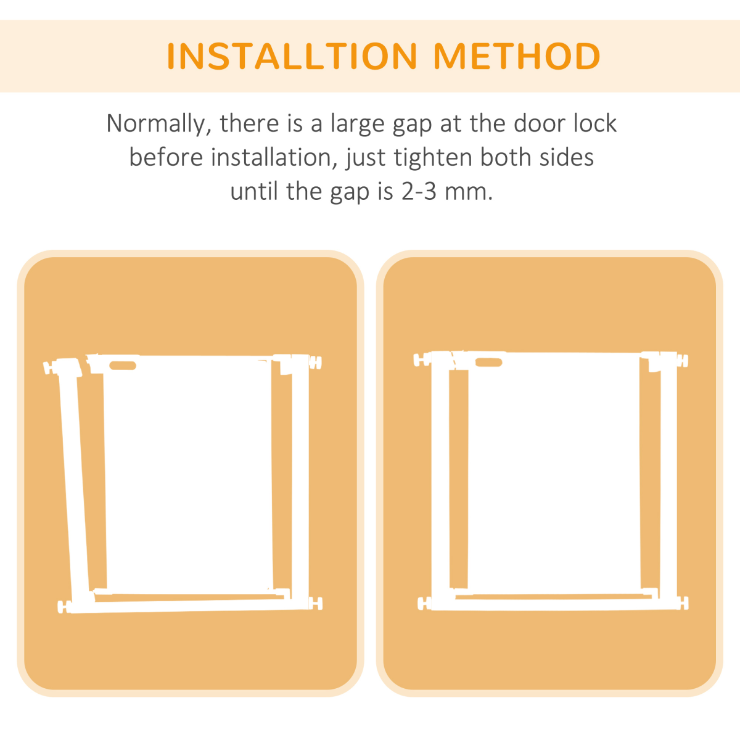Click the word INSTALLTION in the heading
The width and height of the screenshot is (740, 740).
[x=292, y=56]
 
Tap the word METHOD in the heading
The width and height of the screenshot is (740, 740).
[x=517, y=56]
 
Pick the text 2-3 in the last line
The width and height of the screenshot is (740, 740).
[x=419, y=192]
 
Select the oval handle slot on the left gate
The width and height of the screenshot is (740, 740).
[x=123, y=365]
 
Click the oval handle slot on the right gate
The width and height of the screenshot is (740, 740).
[x=489, y=362]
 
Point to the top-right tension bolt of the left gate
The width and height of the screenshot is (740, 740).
[x=315, y=363]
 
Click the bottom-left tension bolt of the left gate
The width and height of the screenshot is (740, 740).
[x=64, y=606]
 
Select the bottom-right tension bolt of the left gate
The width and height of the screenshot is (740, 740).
[x=316, y=603]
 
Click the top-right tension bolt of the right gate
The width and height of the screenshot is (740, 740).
[x=683, y=361]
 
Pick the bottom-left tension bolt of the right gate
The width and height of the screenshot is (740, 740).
[x=424, y=603]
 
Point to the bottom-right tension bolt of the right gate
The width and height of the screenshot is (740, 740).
[x=683, y=603]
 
